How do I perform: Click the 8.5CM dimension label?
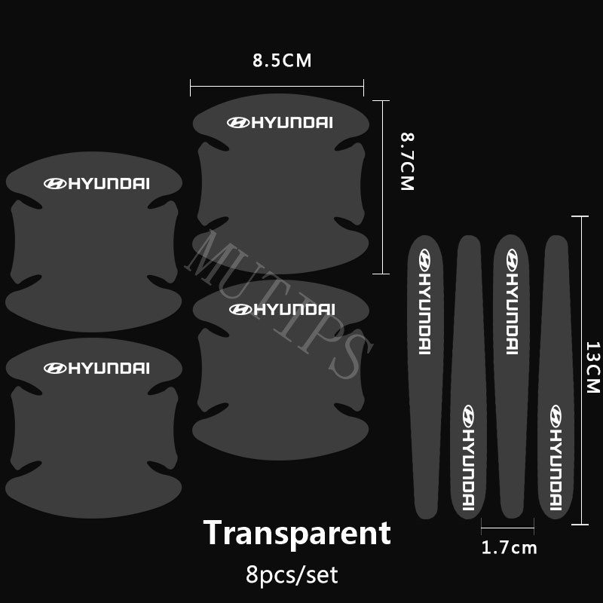(282, 61)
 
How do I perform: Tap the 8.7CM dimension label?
(408, 162)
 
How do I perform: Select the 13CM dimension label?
(592, 368)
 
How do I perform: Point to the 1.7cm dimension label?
(509, 548)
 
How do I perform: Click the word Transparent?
(297, 533)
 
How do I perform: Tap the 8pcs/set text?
(292, 577)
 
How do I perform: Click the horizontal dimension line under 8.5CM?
(277, 88)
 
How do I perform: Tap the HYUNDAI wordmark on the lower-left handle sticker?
(110, 369)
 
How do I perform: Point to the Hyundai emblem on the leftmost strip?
(424, 261)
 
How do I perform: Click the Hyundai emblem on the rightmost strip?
(556, 415)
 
